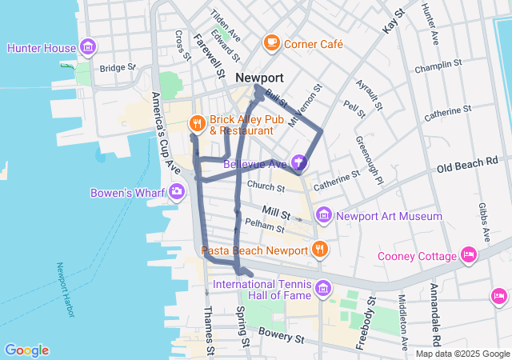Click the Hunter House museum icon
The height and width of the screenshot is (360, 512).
[87, 47]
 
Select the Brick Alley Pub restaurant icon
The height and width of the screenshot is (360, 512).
[197, 123]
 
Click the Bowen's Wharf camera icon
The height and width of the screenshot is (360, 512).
[176, 192]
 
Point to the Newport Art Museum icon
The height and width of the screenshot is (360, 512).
[323, 215]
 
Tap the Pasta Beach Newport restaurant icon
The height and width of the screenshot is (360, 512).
[320, 250]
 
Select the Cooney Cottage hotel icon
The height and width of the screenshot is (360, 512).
[469, 256]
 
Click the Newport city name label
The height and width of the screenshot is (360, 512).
[259, 78]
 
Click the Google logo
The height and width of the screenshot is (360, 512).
[26, 350]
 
